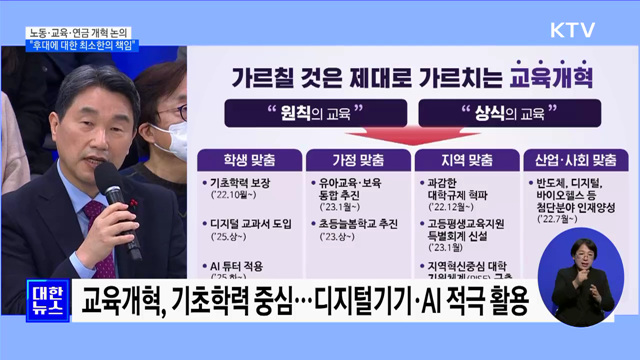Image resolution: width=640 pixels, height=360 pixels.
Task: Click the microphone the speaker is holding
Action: [x=112, y=186]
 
